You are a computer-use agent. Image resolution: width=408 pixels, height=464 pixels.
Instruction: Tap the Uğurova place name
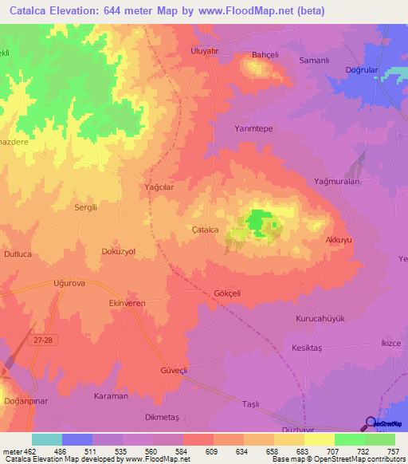pyautogui.click(x=69, y=283)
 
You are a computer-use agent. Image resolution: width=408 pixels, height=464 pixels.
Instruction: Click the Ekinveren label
pyautogui.click(x=127, y=304)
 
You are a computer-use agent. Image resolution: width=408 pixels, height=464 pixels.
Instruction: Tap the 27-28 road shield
pyautogui.click(x=45, y=340)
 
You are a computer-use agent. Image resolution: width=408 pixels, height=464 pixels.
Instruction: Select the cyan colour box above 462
pyautogui.click(x=47, y=439)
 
